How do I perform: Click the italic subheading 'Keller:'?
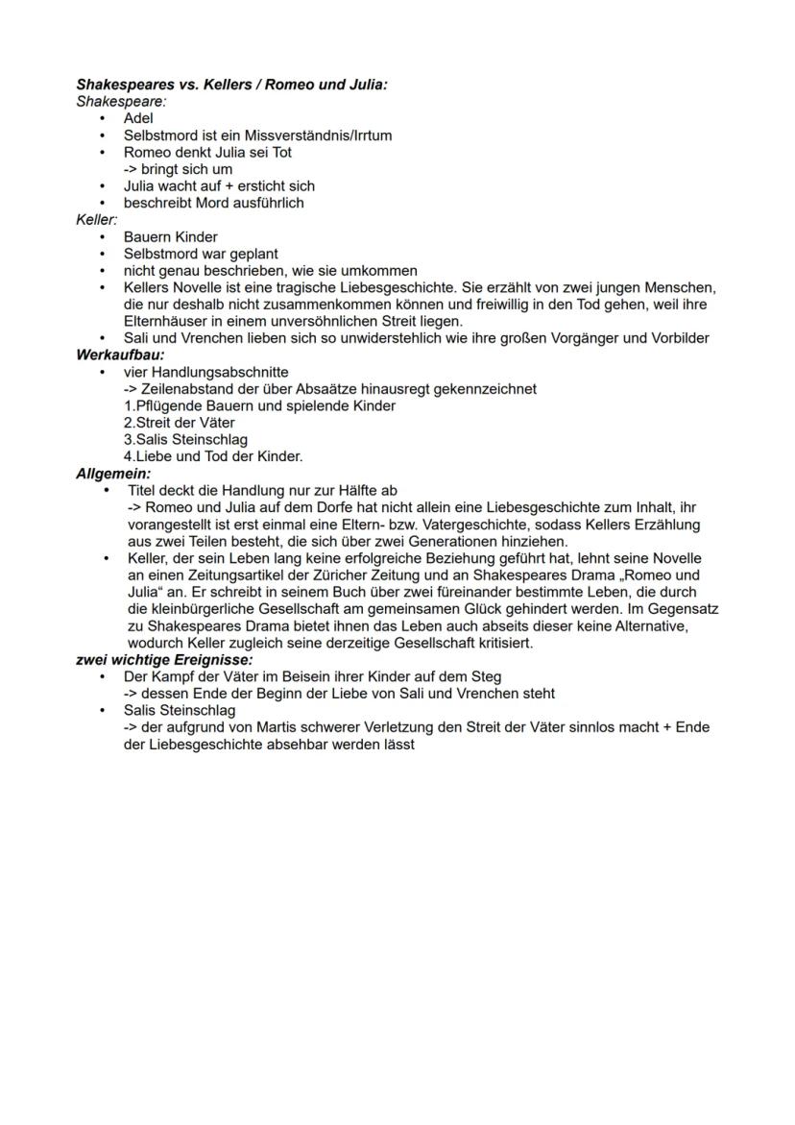[x=96, y=220]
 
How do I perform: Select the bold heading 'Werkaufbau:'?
[x=120, y=355]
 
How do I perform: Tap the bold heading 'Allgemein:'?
[x=113, y=474]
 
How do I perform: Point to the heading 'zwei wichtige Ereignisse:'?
[x=164, y=660]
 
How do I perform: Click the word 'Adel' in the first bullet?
[x=138, y=118]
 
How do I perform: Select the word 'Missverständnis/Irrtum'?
[x=319, y=135]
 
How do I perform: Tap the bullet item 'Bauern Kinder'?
[x=170, y=237]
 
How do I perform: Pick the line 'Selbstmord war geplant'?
[x=201, y=255]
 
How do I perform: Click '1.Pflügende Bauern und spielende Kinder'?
[x=259, y=406]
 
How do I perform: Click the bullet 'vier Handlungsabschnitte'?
[x=205, y=372]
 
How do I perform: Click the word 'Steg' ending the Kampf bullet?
[x=486, y=676]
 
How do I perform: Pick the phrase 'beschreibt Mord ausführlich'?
[x=213, y=203]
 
